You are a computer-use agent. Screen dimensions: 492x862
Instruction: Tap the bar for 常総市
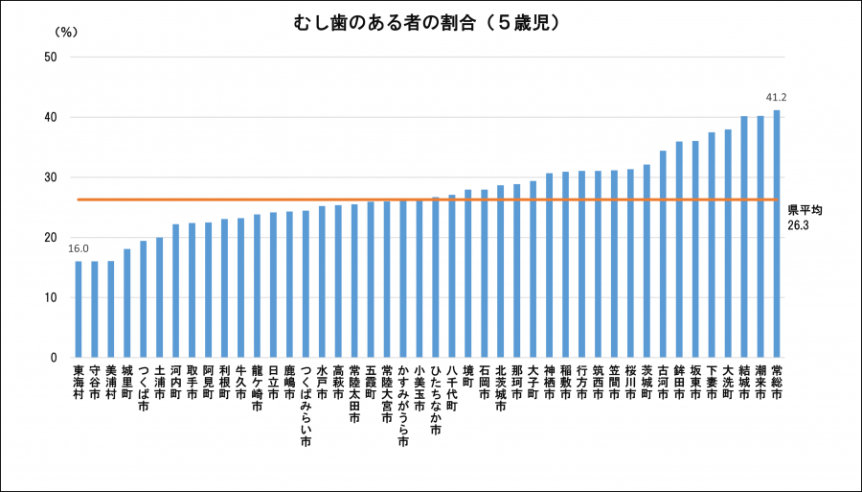(776, 234)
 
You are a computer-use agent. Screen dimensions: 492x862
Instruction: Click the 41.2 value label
(776, 98)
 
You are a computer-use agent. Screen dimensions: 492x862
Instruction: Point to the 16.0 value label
(79, 248)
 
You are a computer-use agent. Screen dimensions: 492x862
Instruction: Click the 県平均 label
(805, 210)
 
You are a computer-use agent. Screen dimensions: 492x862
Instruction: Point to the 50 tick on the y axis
(51, 57)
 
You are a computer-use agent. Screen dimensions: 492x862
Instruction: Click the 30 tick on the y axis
(51, 177)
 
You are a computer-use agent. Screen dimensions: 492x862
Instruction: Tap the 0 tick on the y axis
(55, 358)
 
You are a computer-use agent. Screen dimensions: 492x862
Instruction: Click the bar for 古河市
(663, 254)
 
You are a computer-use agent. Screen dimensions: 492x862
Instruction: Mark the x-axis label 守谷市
(95, 382)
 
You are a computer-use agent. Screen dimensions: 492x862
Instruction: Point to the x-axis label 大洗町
(728, 382)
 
